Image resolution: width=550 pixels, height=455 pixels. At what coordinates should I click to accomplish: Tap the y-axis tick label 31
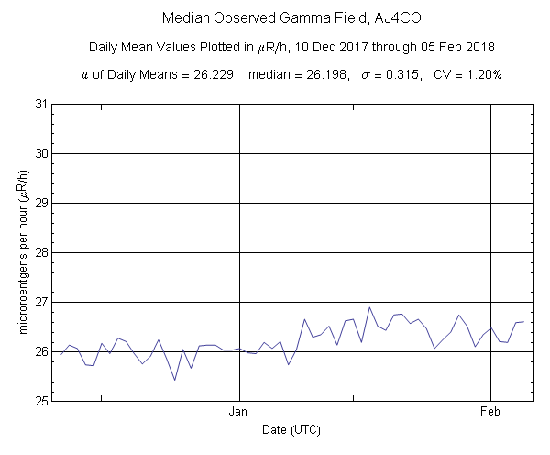(40, 104)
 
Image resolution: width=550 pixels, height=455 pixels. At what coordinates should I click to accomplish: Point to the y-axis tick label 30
(40, 153)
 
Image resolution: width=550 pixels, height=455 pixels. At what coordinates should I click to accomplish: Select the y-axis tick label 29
(40, 203)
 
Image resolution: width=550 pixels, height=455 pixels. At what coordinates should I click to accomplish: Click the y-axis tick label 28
(40, 252)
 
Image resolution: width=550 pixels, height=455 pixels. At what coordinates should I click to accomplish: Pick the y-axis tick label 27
(40, 302)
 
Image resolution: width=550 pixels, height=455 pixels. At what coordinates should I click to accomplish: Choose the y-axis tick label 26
(40, 351)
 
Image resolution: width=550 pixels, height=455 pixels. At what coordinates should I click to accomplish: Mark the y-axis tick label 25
(40, 401)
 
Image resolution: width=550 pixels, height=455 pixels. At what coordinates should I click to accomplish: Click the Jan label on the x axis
(239, 413)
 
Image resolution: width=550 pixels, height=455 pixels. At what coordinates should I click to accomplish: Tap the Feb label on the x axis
(491, 413)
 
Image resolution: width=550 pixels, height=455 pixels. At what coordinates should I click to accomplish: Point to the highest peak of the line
(369, 307)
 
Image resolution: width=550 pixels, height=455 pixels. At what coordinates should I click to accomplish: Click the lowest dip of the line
(175, 380)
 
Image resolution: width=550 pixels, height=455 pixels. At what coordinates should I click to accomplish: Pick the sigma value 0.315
(406, 76)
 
